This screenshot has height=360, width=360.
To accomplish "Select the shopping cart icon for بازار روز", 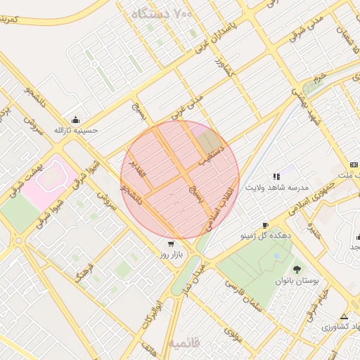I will tap(171, 243).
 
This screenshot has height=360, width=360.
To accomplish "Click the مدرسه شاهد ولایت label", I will tap(277, 188).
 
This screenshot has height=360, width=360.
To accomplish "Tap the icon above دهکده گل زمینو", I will tap(264, 225).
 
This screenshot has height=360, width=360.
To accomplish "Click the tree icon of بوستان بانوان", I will tap(296, 269).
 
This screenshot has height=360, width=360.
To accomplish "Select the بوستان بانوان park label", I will tap(297, 280).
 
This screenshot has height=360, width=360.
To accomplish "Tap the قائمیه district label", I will tap(184, 342).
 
